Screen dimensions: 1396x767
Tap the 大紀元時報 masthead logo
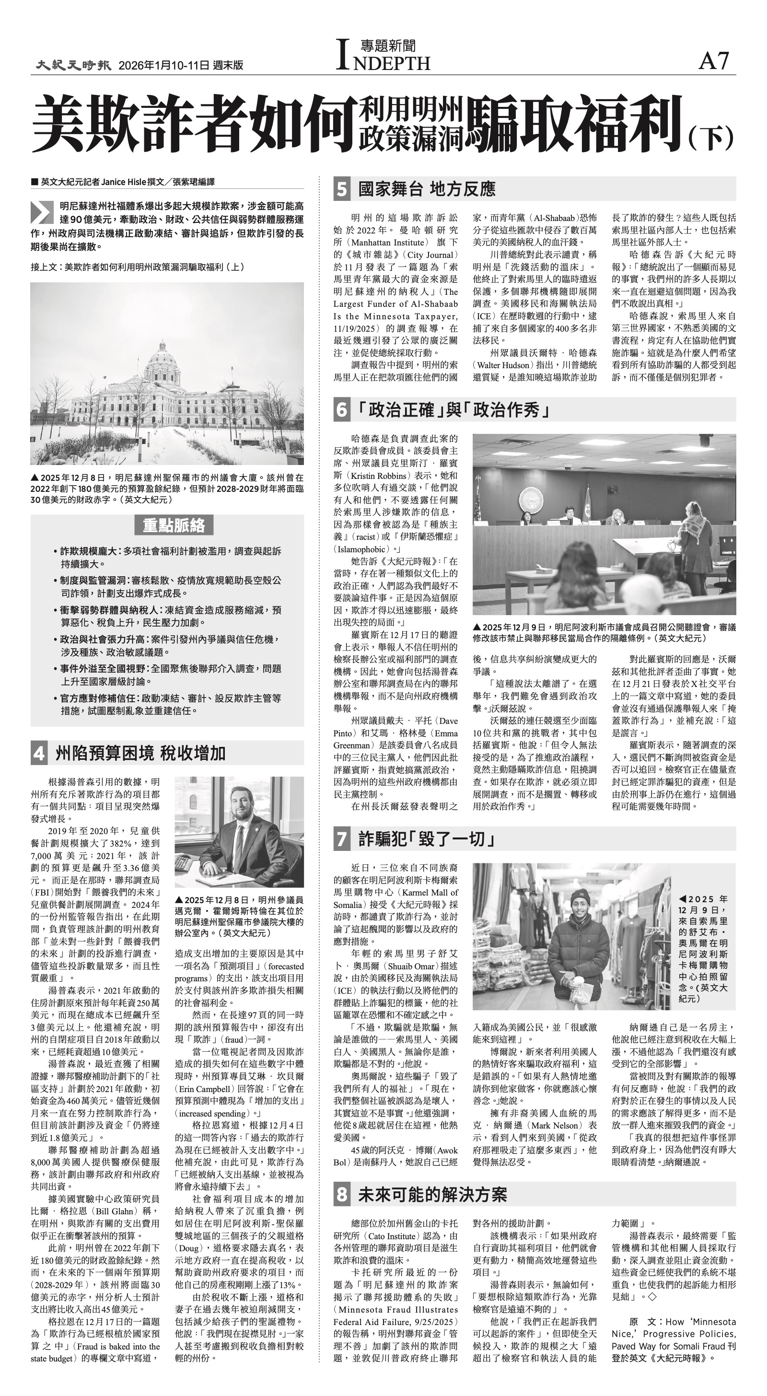click(74, 65)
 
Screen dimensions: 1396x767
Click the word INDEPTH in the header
click(383, 63)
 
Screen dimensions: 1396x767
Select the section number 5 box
click(341, 189)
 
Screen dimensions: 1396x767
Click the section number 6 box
click(341, 410)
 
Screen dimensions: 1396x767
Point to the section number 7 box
click(341, 839)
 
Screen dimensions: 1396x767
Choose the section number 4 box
click(39, 753)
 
